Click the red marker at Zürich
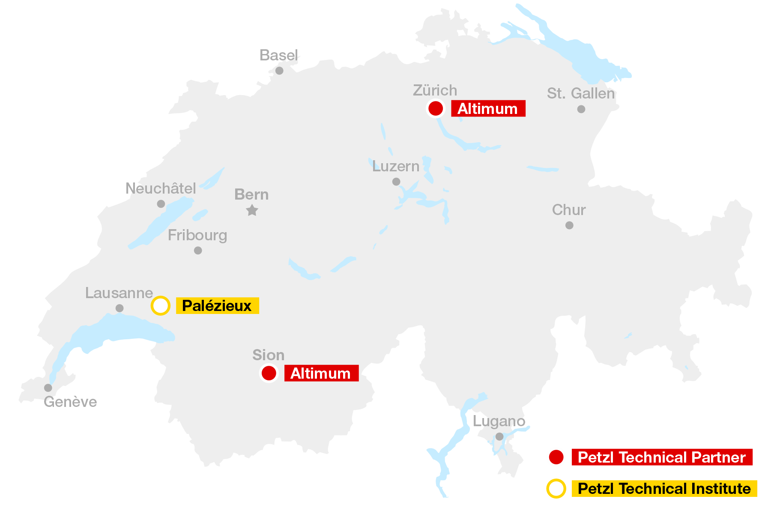point(436,108)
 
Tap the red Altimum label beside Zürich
point(488,109)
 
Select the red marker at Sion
point(269,373)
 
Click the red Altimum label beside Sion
point(321,374)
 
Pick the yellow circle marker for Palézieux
point(161,306)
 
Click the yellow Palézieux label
point(217,306)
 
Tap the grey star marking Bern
point(252,210)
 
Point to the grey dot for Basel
point(279,71)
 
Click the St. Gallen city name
point(581,93)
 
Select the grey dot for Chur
point(569,225)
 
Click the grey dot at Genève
point(48,388)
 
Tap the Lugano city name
point(499,421)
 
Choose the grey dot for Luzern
point(396,182)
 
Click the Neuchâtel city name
point(161,188)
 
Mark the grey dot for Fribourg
point(198,251)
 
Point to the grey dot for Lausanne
point(120,308)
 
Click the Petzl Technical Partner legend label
point(662,457)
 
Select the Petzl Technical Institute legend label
point(664,489)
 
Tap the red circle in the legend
point(556,457)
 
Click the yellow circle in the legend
point(556,489)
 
